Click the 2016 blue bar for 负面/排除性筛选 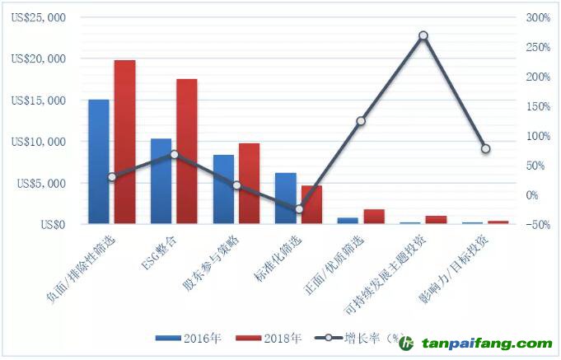99,161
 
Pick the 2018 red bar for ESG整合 187,152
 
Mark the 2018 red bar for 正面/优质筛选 373,217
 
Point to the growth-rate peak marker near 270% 423,35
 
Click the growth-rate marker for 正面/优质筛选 361,121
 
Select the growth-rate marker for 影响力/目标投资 485,149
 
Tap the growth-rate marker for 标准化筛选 298,209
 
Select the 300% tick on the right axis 536,18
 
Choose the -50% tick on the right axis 536,224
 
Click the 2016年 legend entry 185,339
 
